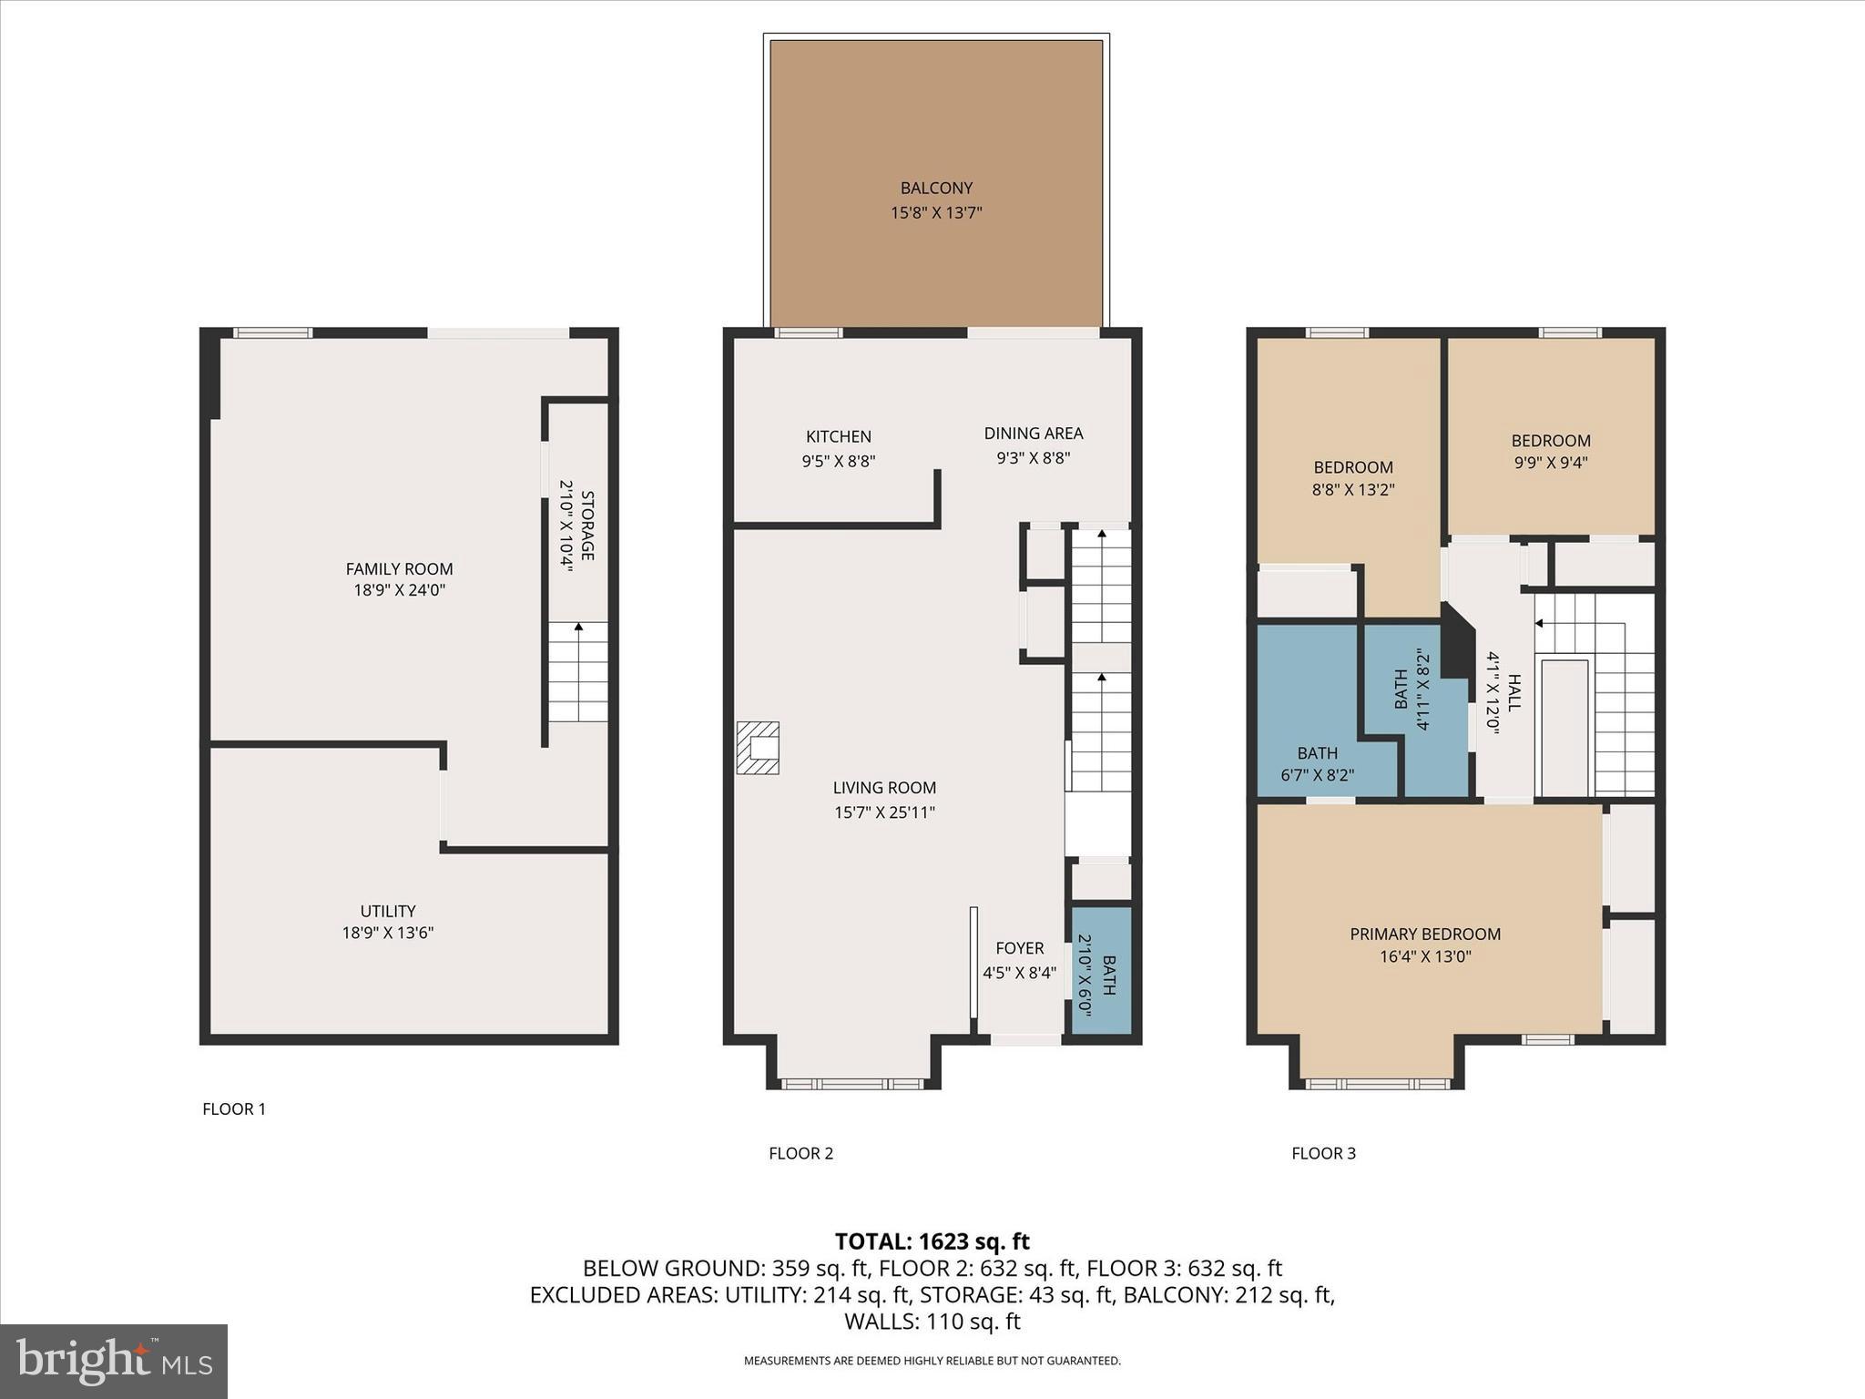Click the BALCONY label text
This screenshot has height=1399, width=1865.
point(936,189)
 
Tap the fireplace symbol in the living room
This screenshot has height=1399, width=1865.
point(758,748)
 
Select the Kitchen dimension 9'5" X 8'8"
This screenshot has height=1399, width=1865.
point(838,462)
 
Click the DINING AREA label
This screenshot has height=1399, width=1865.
point(1033,434)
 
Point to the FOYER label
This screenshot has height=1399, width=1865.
point(1019,948)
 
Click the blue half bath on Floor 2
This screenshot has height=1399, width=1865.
point(1101,971)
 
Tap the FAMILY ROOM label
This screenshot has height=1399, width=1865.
point(399,569)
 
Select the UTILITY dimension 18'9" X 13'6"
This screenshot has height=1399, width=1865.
point(387,933)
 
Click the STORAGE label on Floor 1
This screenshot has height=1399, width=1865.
point(587,526)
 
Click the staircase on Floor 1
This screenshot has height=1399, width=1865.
point(577,672)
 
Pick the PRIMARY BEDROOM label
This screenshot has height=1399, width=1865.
point(1424,934)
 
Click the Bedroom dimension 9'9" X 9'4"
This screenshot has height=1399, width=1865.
point(1550,463)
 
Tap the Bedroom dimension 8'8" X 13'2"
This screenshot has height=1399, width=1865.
point(1352,489)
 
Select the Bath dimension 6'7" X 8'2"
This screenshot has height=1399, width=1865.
point(1317,776)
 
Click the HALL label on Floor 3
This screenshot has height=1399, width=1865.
point(1513,692)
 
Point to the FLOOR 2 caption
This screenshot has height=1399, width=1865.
point(800,1153)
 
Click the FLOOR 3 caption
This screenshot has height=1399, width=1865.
point(1323,1153)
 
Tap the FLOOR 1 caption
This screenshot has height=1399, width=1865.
point(234,1108)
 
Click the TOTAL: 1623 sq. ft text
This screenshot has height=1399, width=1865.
point(932,1241)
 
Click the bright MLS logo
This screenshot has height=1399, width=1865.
point(114,1361)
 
